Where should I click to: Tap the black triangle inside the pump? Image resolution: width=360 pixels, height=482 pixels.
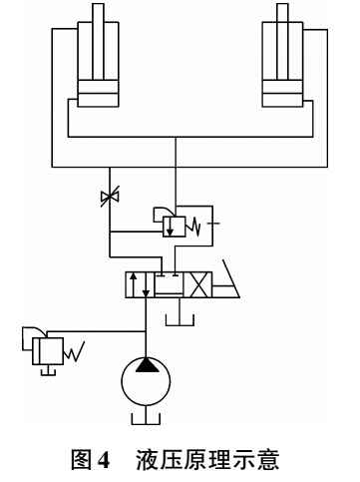(146, 365)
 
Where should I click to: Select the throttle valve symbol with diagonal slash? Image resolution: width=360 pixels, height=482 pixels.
(110, 197)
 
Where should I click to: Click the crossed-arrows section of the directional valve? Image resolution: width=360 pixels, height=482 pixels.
(197, 284)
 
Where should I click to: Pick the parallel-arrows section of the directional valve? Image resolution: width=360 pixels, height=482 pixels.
(140, 284)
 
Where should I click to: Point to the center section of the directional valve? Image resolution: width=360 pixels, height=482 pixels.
(169, 284)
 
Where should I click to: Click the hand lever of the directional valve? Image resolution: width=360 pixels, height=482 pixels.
(226, 278)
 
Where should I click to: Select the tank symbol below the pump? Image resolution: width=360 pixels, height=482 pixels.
(146, 418)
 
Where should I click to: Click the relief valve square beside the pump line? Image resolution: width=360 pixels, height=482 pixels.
(48, 351)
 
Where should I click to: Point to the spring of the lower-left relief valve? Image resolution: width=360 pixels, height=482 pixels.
(74, 352)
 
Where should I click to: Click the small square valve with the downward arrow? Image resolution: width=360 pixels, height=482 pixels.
(175, 227)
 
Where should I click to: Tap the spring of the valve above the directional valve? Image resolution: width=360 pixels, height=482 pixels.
(193, 227)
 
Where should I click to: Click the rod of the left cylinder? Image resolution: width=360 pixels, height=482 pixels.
(98, 42)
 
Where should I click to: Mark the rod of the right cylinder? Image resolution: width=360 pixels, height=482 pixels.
(282, 42)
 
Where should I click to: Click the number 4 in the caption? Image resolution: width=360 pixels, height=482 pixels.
(104, 460)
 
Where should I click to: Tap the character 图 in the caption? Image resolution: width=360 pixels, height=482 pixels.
(81, 460)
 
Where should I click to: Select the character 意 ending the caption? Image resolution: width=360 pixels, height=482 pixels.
(268, 460)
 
